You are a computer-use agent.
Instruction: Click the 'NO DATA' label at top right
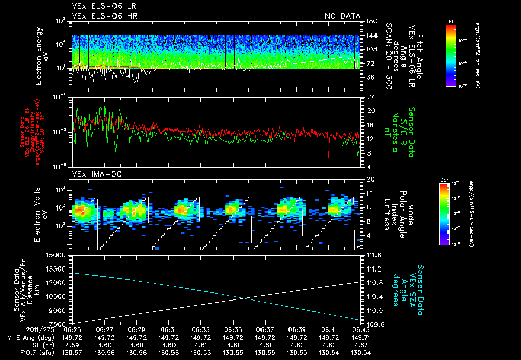point(342,16)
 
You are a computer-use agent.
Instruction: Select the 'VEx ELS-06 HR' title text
point(104,16)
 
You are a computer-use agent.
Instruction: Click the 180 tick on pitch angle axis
point(370,21)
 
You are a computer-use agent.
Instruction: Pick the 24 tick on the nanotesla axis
point(369,97)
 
